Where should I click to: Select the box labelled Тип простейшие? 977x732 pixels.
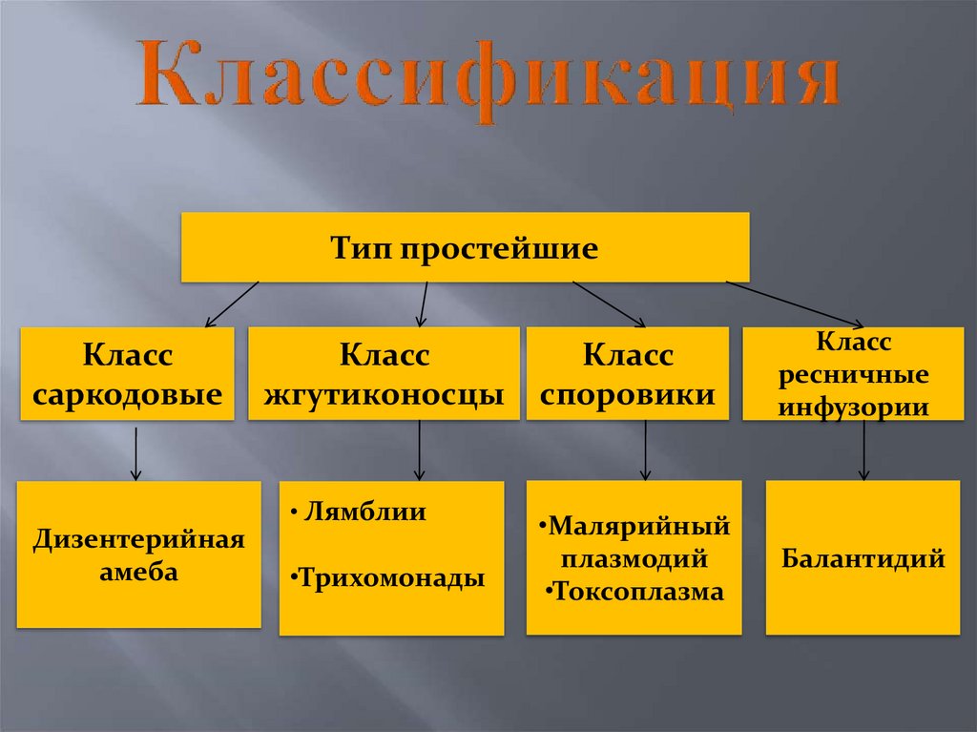click(x=465, y=248)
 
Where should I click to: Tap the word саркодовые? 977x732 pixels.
click(x=128, y=392)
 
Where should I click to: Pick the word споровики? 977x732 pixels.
click(x=628, y=392)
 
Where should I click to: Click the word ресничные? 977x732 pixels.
click(x=854, y=374)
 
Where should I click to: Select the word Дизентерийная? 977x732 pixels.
click(x=139, y=540)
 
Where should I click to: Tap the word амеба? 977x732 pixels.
click(x=139, y=573)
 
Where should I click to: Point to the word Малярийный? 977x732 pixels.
click(x=634, y=526)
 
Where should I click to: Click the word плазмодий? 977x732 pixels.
click(x=634, y=558)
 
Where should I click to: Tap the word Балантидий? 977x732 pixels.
click(x=863, y=557)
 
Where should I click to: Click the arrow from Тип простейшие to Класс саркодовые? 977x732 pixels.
click(x=232, y=303)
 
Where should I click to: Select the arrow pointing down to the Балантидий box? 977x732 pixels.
click(x=864, y=450)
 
